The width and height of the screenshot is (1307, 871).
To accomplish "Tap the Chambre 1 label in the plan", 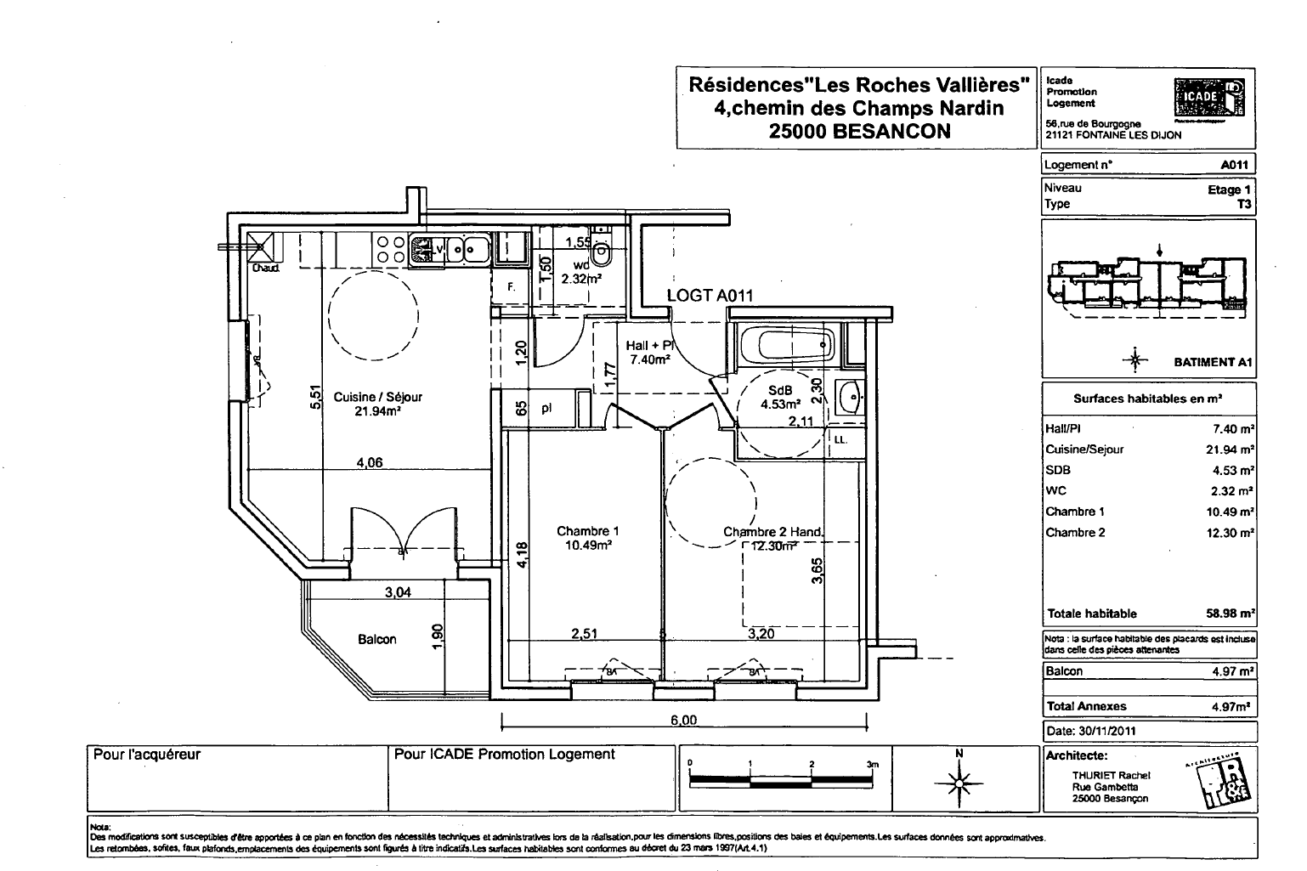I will (x=582, y=532).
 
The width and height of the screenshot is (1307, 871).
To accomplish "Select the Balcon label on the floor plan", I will (x=376, y=639).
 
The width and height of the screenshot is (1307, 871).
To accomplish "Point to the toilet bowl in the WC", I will (x=602, y=252).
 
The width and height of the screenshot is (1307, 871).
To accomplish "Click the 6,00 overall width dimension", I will (x=683, y=721).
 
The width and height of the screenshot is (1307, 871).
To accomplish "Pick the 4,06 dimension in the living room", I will (x=369, y=463).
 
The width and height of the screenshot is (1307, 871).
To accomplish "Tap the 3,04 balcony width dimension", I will (x=398, y=592).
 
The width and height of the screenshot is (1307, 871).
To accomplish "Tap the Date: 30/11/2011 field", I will (x=1089, y=730).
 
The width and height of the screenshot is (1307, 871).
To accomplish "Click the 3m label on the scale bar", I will (x=873, y=764).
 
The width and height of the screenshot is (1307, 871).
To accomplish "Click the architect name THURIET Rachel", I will (x=1111, y=775).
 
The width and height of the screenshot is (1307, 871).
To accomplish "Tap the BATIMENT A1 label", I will (x=1213, y=362).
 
